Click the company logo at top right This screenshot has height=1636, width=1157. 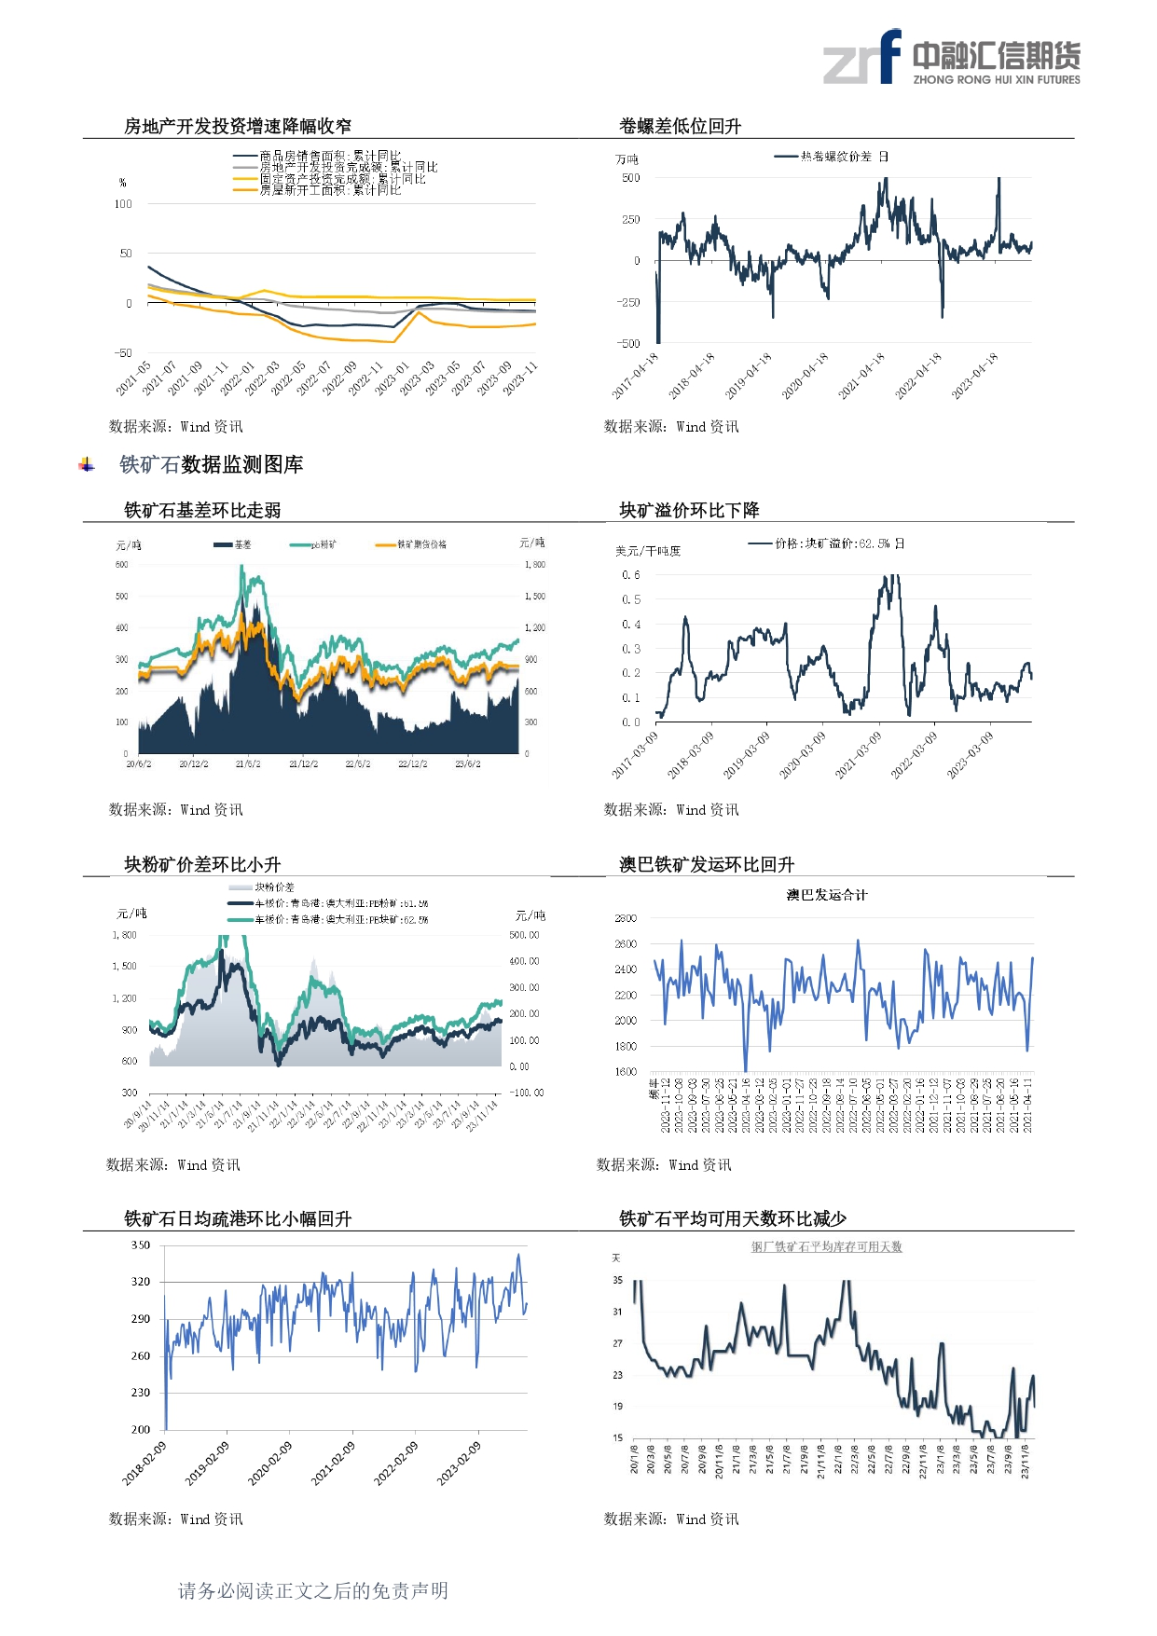coord(951,57)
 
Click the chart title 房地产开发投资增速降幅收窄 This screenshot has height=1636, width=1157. coord(238,126)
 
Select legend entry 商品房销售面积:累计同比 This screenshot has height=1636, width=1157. coord(330,156)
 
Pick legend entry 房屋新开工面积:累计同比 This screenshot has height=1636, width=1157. coord(330,190)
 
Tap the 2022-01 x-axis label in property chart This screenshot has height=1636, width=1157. coord(238,378)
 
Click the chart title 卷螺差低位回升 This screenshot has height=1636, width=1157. coord(680,126)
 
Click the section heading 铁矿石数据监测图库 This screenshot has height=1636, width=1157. coord(211,464)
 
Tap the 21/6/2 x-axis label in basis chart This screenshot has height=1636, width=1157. coord(248,764)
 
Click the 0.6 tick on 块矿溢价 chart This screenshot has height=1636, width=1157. coord(631,575)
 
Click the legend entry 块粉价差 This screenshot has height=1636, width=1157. coord(274,887)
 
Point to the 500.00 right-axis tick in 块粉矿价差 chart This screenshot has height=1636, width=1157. coord(524,935)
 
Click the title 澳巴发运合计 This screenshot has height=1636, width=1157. coord(826,895)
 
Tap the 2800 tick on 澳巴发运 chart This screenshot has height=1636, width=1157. coord(626,918)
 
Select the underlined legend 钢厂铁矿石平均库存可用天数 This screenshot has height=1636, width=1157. coord(827,1247)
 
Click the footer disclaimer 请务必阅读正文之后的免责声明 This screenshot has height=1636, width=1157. coord(313,1590)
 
